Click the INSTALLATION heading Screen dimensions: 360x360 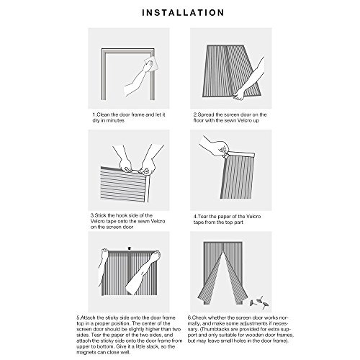tap(183, 13)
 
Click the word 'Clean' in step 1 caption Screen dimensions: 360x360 tap(103, 114)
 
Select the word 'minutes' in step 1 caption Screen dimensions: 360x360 tap(115, 120)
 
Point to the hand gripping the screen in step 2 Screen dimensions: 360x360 tap(238, 94)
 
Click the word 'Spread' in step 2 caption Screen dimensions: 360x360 tap(206, 114)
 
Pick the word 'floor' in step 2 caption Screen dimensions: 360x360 tap(199, 120)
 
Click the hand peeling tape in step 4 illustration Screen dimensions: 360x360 tap(215, 147)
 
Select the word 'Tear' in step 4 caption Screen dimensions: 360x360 tap(202, 217)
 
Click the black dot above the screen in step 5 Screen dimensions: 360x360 tap(130, 248)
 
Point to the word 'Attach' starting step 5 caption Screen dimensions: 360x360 tap(88, 318)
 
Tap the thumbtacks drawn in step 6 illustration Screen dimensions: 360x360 tap(259, 302)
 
